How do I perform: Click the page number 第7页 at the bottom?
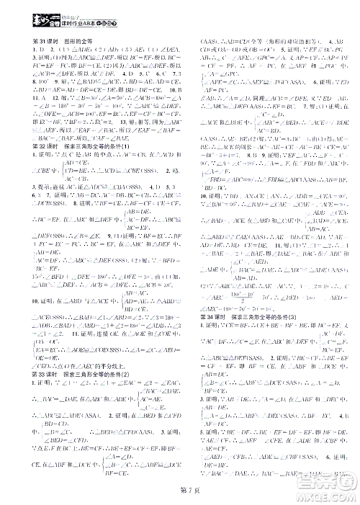pyautogui.click(x=179, y=491)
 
